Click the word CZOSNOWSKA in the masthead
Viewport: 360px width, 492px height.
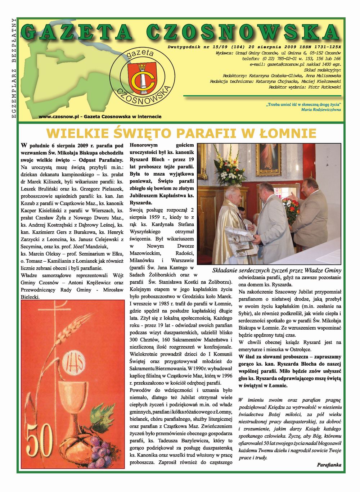click(x=243, y=33)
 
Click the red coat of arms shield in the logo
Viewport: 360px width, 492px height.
click(x=142, y=78)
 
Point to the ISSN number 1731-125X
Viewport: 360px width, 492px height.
click(x=328, y=47)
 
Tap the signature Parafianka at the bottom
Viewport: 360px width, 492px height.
click(x=329, y=465)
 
